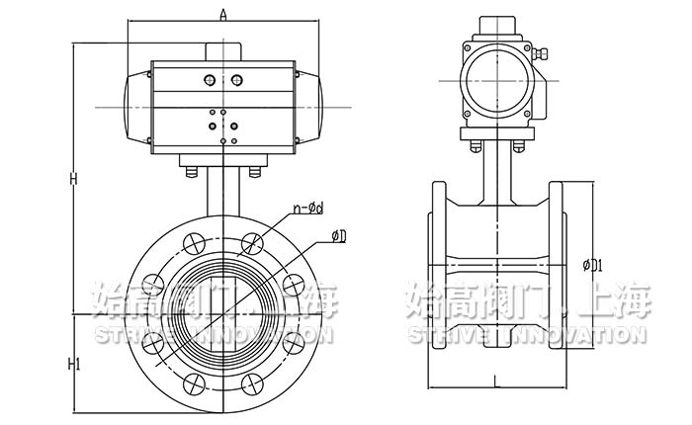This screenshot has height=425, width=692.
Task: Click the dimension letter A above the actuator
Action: click(223, 14)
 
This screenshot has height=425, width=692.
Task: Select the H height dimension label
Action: click(73, 178)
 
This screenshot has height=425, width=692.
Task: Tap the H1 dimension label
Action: click(73, 364)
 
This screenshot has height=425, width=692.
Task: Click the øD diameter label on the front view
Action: click(339, 234)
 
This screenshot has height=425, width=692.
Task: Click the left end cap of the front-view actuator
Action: click(137, 106)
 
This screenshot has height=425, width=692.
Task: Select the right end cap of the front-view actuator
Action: click(309, 106)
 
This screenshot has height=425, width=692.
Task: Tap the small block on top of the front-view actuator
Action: click(223, 51)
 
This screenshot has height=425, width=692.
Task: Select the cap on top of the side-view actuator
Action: click(497, 25)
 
